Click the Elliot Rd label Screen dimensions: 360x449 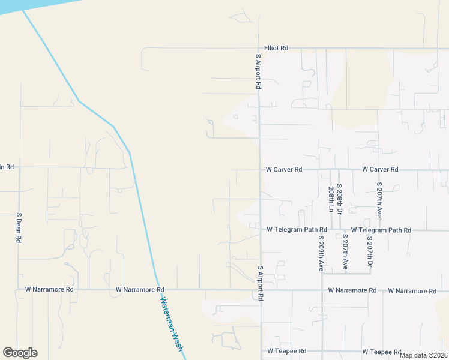[276, 48]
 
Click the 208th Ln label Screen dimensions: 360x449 [331, 199]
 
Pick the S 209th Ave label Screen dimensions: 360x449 [321, 253]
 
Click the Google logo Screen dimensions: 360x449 [20, 352]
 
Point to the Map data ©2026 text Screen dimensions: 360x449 [423, 355]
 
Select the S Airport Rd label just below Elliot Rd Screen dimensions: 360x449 [258, 72]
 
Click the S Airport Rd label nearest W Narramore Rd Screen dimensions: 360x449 [261, 284]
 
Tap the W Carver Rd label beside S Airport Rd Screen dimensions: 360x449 [284, 170]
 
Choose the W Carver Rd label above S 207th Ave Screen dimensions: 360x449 [380, 170]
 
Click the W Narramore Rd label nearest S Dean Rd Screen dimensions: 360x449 [49, 289]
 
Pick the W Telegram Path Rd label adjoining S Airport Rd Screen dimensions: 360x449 [297, 230]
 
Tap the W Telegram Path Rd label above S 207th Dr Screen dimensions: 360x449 [381, 230]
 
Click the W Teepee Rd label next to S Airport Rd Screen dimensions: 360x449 [287, 351]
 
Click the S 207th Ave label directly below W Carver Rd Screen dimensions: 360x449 [379, 200]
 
